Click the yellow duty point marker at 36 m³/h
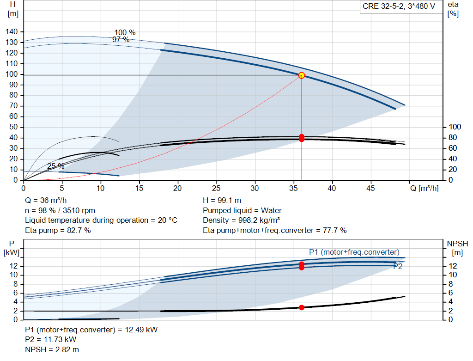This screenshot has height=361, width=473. tap(301, 75)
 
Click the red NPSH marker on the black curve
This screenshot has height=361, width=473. tap(301, 307)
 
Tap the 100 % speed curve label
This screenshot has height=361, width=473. tap(125, 32)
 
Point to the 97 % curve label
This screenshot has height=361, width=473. tap(121, 39)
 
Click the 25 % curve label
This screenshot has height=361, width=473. tap(56, 166)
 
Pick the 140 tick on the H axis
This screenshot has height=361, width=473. tap(12, 32)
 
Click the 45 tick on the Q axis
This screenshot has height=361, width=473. tap(370, 188)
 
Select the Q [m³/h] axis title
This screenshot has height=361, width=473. tap(424, 188)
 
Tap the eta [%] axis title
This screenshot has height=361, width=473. tap(453, 9)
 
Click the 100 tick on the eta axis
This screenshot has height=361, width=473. tap(455, 127)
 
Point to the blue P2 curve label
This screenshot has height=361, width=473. tap(398, 266)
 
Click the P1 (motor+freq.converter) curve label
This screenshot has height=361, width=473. tap(354, 252)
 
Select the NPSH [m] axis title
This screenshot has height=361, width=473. tap(457, 248)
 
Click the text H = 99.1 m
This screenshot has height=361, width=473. tap(222, 200)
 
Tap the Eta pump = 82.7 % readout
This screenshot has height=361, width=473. tap(58, 230)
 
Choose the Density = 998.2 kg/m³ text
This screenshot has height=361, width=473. tap(241, 220)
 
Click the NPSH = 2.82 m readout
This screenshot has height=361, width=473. tap(52, 349)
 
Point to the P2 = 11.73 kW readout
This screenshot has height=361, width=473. tap(51, 339)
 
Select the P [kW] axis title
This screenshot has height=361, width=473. tap(12, 248)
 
